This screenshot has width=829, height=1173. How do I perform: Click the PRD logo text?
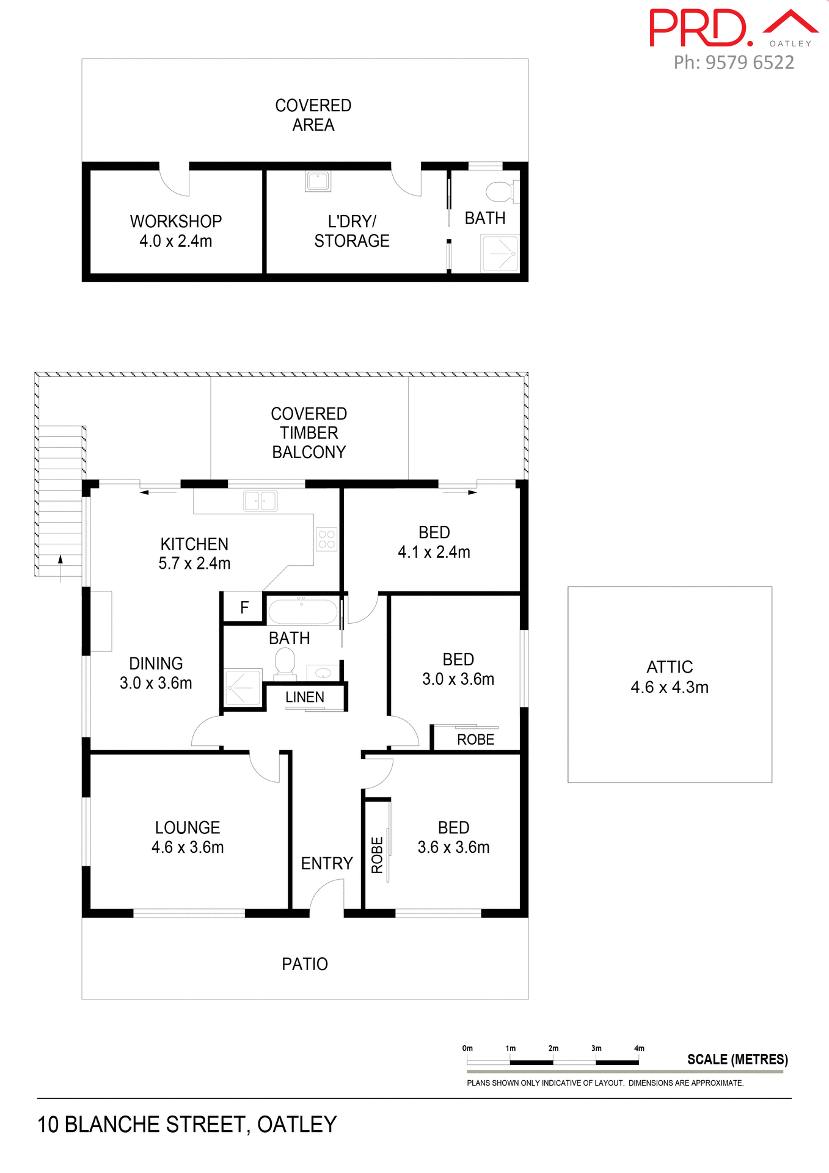click(699, 29)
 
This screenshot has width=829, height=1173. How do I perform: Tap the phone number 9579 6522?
click(749, 62)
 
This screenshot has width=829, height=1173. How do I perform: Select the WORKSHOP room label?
click(176, 221)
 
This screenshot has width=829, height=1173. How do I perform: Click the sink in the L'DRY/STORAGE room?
click(318, 181)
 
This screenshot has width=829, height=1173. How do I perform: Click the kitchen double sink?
click(260, 501)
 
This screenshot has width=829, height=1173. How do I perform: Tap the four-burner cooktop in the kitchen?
click(326, 539)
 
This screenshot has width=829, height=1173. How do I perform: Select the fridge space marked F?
click(244, 607)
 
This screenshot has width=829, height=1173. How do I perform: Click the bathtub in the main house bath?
click(302, 612)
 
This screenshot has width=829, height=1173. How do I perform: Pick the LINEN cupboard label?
click(304, 697)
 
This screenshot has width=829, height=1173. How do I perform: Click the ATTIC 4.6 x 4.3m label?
click(670, 677)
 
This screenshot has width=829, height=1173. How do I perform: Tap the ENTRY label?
click(327, 863)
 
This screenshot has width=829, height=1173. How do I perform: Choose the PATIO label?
click(305, 964)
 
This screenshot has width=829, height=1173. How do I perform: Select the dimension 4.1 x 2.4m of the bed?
click(434, 552)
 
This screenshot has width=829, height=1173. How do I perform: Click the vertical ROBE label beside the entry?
click(377, 855)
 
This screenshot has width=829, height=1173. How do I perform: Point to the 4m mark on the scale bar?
click(639, 1048)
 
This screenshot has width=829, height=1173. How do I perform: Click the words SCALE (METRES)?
click(737, 1059)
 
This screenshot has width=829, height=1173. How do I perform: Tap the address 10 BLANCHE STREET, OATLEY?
click(187, 1125)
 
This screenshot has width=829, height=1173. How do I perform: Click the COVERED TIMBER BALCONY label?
click(309, 433)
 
